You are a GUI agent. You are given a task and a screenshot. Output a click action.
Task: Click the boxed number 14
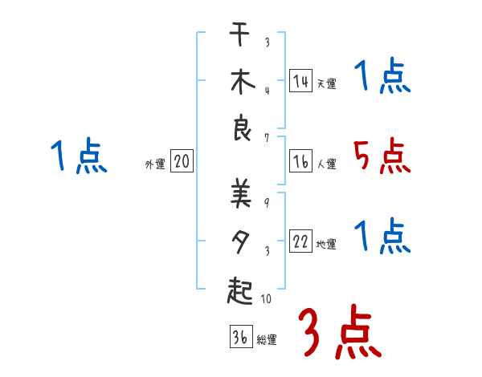click(x=300, y=80)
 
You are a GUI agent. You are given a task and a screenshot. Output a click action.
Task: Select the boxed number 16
click(x=300, y=161)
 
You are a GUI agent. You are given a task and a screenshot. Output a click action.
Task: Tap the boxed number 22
click(x=300, y=242)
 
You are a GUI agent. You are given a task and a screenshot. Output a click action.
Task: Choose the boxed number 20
click(x=182, y=162)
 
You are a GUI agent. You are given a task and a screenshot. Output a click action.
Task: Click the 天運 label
click(x=326, y=83)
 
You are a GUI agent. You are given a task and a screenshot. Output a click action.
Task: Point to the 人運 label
click(x=326, y=164)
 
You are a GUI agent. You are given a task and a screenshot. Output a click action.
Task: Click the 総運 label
click(x=267, y=340)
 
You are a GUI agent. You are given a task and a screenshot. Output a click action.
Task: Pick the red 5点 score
click(x=382, y=156)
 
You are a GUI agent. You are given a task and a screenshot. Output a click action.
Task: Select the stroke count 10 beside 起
click(x=266, y=299)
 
